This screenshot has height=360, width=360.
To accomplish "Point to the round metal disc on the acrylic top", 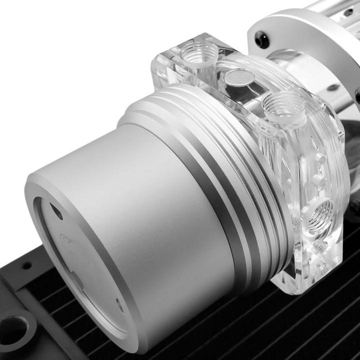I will [x=238, y=77].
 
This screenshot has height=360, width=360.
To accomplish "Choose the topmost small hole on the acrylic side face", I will [x=318, y=158].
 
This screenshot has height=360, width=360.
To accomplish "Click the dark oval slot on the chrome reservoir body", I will [x=332, y=88].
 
